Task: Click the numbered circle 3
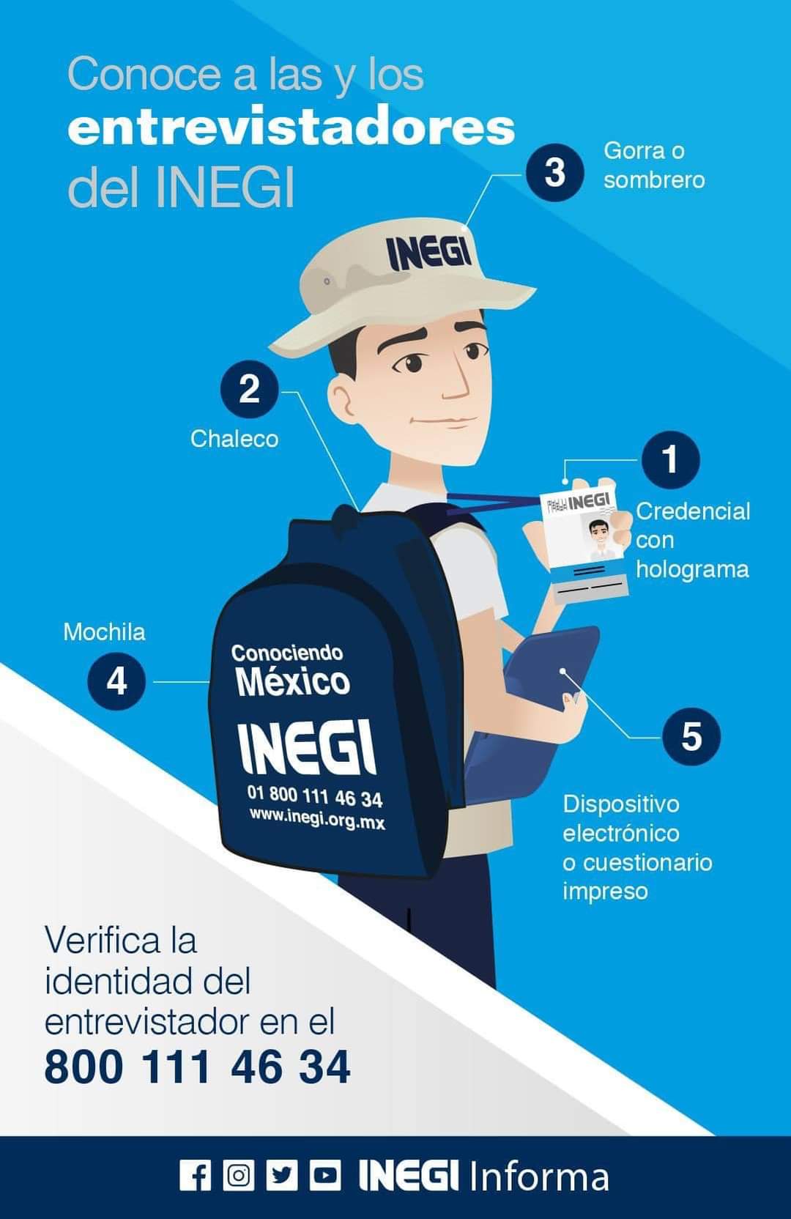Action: click(555, 172)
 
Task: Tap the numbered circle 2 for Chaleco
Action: click(249, 389)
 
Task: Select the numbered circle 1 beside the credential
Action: click(671, 459)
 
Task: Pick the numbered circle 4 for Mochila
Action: click(116, 681)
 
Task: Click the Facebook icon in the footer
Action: click(195, 1176)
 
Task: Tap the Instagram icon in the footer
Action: click(238, 1176)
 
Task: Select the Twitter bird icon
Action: click(282, 1176)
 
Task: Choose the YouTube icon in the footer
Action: click(325, 1176)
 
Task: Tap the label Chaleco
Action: click(234, 439)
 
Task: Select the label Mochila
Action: click(105, 631)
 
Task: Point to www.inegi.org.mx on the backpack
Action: click(317, 818)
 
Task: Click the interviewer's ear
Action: click(343, 397)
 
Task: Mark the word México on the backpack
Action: click(293, 681)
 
